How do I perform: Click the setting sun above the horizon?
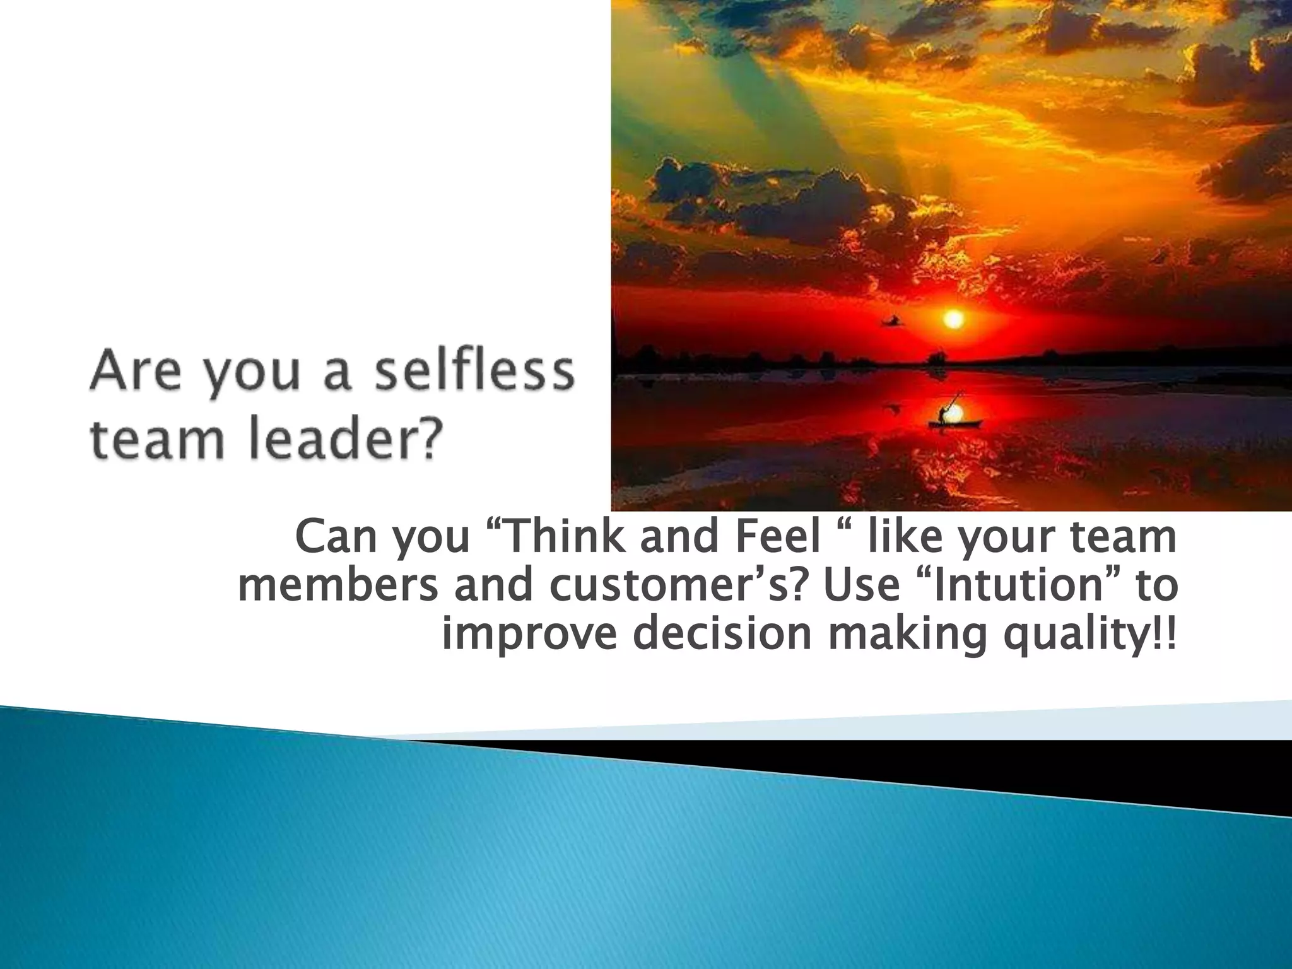(953, 319)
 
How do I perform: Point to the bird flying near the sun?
(892, 322)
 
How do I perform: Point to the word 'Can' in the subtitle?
(332, 537)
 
